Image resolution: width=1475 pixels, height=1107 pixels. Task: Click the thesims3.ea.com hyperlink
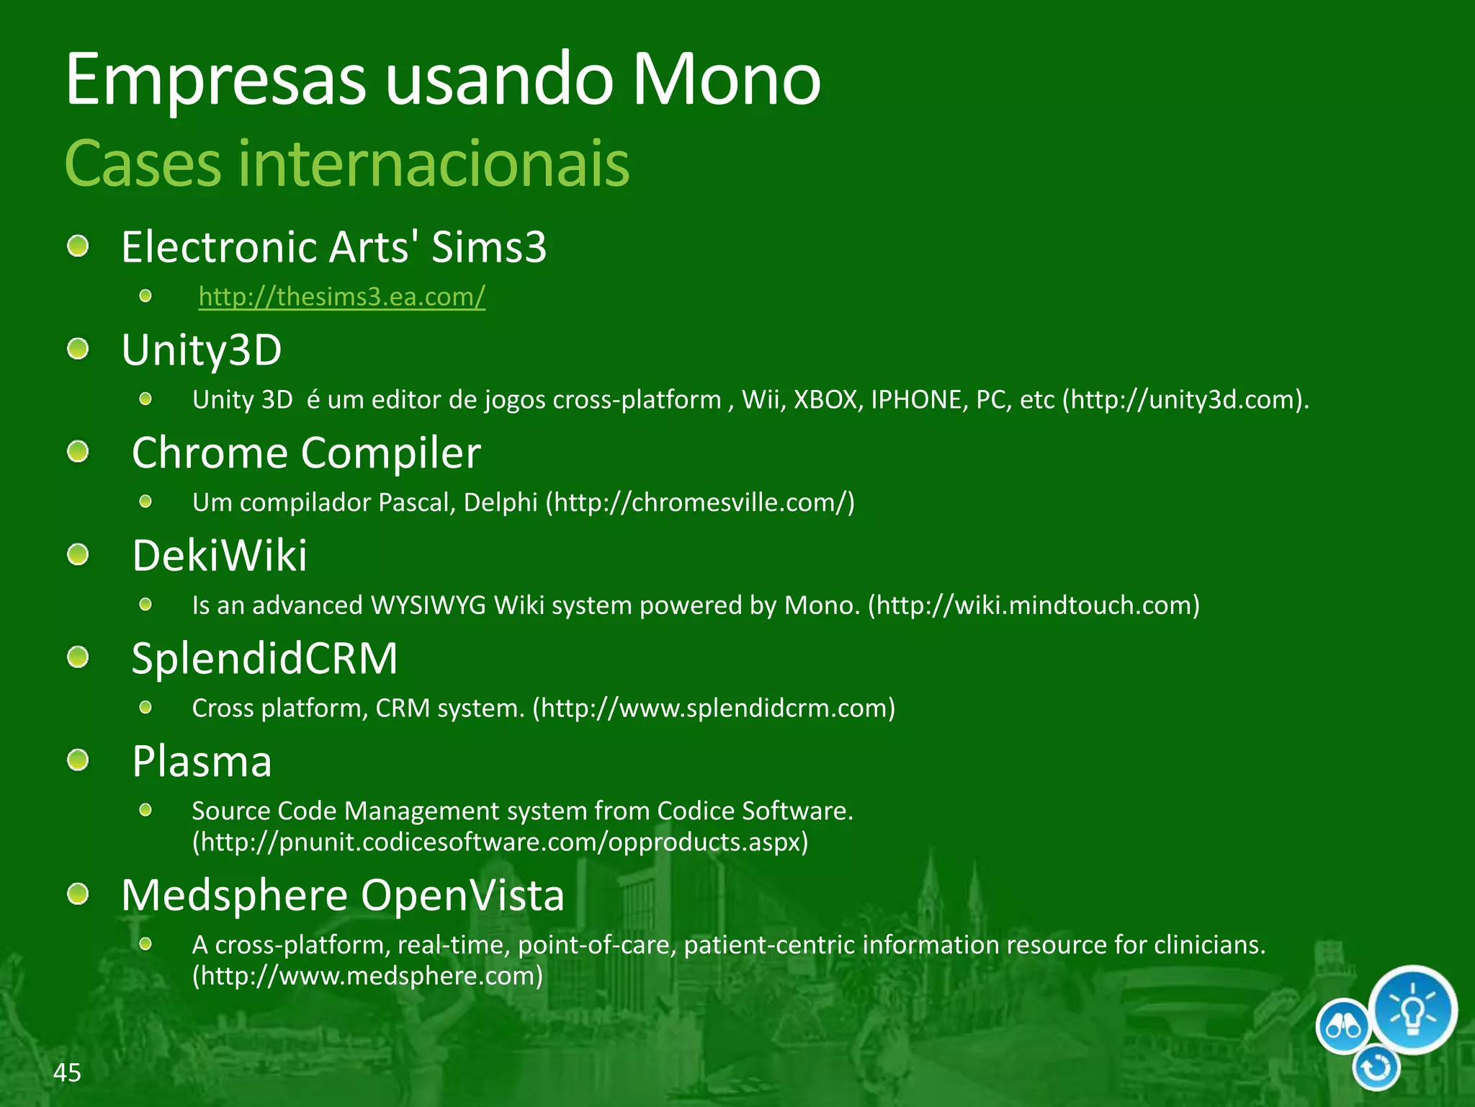tap(342, 296)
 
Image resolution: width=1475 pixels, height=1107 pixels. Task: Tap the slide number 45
tap(67, 1072)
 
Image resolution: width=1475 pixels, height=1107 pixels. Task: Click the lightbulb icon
tap(1412, 1009)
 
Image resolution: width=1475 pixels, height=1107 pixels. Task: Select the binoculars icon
tap(1343, 1026)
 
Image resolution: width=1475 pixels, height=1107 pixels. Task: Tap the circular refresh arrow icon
tap(1376, 1068)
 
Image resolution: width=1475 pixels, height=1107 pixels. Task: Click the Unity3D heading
tap(202, 350)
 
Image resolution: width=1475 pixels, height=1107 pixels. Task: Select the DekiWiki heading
tap(220, 556)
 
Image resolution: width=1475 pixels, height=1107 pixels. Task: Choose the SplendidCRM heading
tap(264, 659)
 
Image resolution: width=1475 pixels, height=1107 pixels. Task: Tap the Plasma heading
tap(202, 762)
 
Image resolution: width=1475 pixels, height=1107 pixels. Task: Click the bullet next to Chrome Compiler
tap(78, 453)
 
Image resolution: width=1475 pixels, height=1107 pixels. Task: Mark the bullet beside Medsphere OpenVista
tap(78, 894)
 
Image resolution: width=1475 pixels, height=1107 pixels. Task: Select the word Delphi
tap(501, 502)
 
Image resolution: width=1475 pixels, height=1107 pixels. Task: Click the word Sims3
tap(489, 247)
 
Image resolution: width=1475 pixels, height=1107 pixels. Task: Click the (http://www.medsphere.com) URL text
tap(367, 976)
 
